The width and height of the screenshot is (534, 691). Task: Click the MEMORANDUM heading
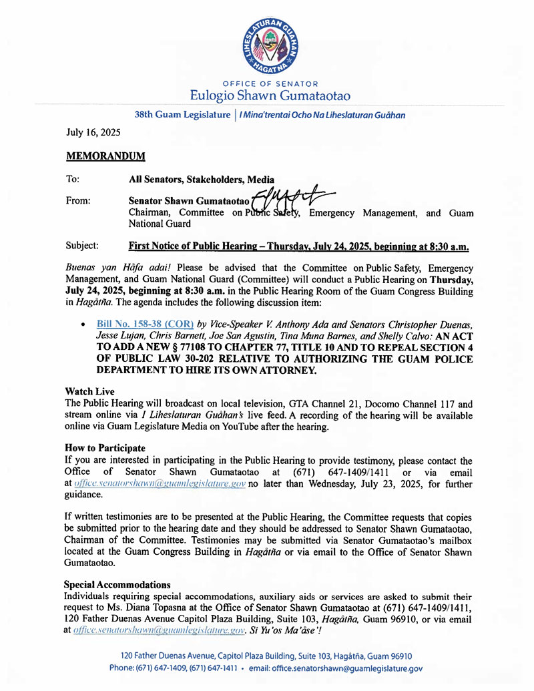105,156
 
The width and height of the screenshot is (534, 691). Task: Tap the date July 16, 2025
89,133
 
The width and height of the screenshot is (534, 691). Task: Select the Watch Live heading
89,391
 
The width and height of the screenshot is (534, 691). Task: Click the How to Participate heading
105,448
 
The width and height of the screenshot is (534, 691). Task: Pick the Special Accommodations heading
117,585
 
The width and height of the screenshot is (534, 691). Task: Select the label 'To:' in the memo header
72,180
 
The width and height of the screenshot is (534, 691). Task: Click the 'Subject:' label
83,246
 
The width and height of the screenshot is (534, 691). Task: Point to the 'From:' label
77,200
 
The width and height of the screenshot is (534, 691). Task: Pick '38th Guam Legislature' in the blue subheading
182,115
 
